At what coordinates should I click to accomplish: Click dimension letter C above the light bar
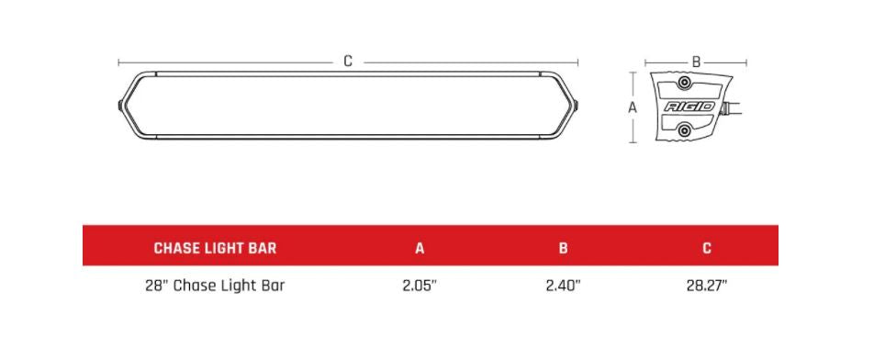click(348, 62)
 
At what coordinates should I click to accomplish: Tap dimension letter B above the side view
click(696, 62)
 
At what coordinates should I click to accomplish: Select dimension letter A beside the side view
click(632, 107)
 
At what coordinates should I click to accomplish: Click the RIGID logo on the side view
click(689, 107)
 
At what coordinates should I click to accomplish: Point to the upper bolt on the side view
click(683, 84)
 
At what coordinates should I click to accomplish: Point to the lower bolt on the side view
click(683, 131)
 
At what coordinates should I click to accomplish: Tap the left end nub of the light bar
click(120, 106)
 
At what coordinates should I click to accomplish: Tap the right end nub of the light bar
click(577, 106)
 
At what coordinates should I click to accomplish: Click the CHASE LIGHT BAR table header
click(215, 248)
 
